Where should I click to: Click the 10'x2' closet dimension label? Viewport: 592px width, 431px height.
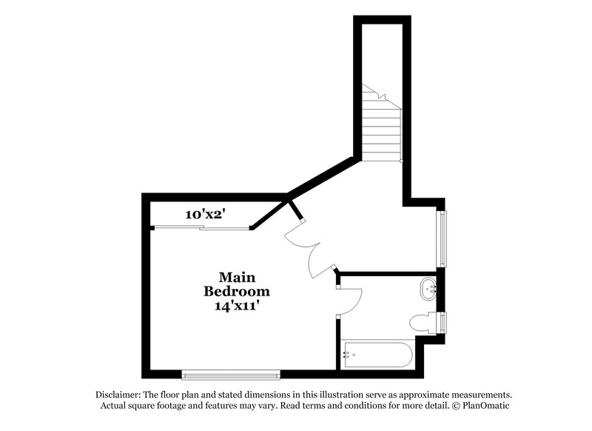(205, 215)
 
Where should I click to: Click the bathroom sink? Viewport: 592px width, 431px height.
(428, 289)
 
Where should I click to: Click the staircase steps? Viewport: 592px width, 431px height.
(380, 126)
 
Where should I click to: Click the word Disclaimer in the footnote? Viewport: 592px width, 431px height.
(118, 394)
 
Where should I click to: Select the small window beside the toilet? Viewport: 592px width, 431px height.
(443, 323)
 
